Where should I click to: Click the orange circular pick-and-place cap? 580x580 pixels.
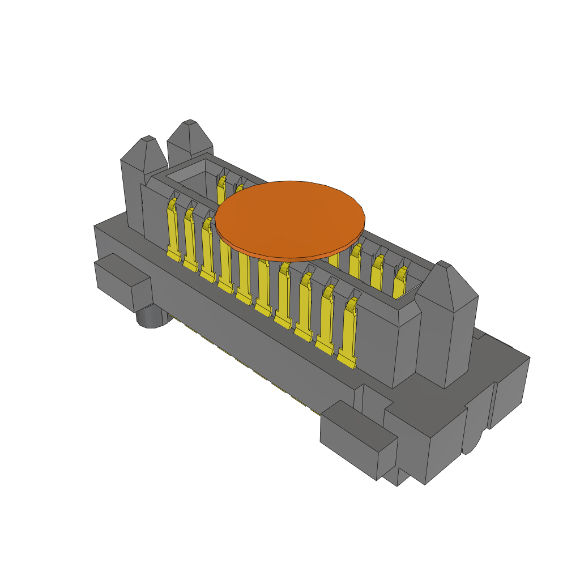pos(290,215)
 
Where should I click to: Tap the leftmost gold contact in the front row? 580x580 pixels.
pos(172,232)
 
